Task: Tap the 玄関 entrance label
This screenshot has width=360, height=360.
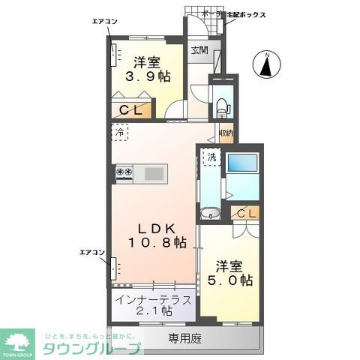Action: pyautogui.click(x=199, y=50)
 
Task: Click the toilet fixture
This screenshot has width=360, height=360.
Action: pyautogui.click(x=221, y=106)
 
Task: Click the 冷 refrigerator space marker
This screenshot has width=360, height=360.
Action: pyautogui.click(x=120, y=133)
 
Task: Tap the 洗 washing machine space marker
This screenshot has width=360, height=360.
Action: pyautogui.click(x=212, y=157)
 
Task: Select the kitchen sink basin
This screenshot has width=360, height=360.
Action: pyautogui.click(x=154, y=173)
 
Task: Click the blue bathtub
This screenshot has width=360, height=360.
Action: pyautogui.click(x=243, y=164)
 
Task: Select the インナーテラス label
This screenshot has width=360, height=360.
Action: pyautogui.click(x=153, y=298)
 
